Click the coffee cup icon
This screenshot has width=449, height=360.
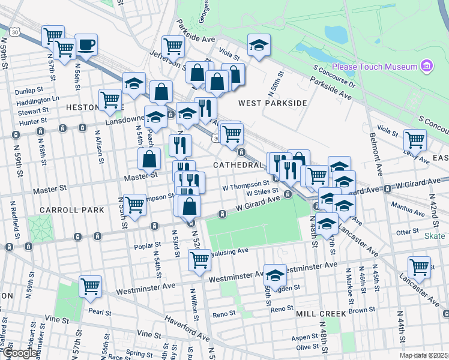pos(86,45)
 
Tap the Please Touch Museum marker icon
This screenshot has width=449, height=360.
pos(427,65)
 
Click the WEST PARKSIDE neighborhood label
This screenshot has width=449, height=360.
pos(273,103)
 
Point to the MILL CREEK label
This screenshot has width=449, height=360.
pos(321,314)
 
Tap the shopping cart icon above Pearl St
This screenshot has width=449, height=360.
pos(91,286)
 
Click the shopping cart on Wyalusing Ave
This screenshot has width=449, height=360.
pos(199,260)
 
